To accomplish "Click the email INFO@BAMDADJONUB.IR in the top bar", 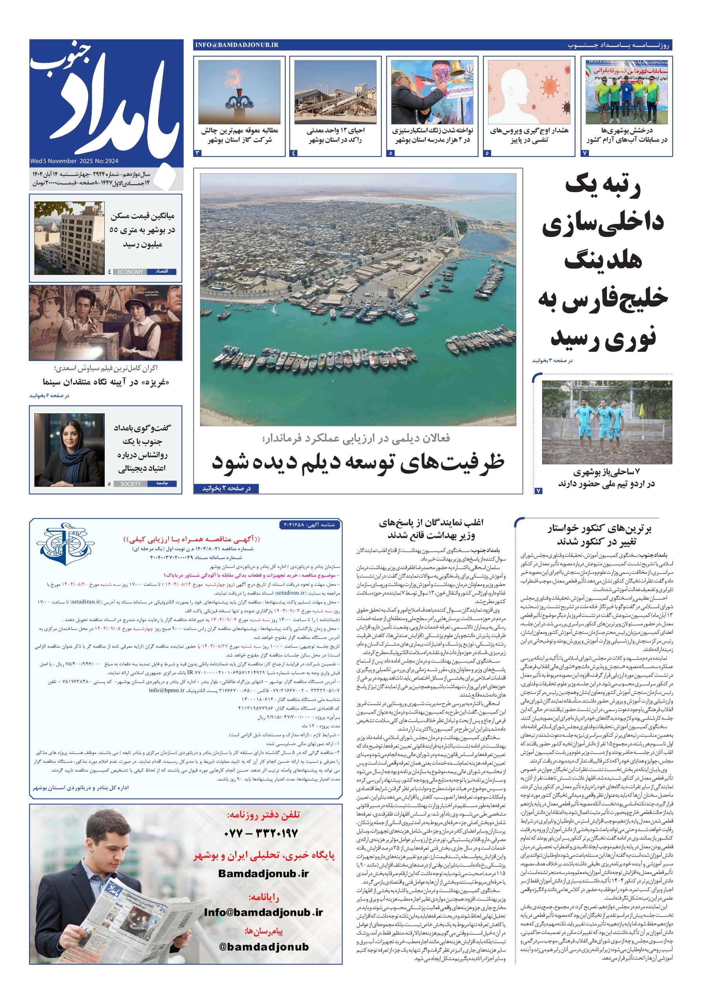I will (237, 45).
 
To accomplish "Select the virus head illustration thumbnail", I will (528, 92).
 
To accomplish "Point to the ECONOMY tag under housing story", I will (130, 272).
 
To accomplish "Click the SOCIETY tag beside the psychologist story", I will (130, 484).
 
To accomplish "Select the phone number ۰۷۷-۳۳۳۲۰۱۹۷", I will (261, 833).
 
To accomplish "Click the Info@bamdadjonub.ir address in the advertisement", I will (263, 912).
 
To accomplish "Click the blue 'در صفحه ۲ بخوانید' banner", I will (226, 488).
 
